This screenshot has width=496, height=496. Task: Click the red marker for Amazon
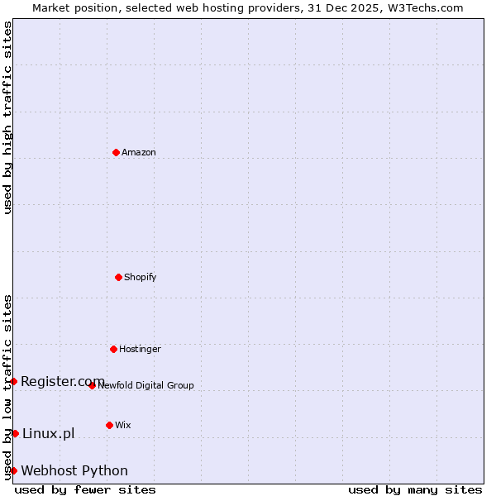pos(116,152)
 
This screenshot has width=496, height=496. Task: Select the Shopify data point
pos(118,277)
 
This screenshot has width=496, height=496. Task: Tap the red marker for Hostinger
pos(113,349)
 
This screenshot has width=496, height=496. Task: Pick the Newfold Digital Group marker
pos(92,385)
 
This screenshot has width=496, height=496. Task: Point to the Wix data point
pos(109,425)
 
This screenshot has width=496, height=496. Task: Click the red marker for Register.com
pos(13,381)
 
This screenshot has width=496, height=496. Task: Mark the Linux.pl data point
pos(15,433)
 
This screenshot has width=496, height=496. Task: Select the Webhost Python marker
pos(13,470)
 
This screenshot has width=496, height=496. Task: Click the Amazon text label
pos(139,153)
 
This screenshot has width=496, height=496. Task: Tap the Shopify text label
pos(141,278)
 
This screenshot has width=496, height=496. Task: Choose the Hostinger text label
pos(140,350)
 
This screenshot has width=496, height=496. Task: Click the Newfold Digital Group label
pos(145,386)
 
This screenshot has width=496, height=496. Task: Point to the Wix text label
pos(123,426)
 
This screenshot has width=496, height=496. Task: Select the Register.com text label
pos(63,381)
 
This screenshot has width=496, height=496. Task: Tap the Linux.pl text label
pos(48,433)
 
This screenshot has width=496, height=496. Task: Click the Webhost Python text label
pos(74,471)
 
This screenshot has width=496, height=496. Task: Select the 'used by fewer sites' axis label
pos(85,489)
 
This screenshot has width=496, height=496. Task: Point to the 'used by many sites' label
pos(415,489)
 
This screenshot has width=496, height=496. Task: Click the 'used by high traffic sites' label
pos(7,117)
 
